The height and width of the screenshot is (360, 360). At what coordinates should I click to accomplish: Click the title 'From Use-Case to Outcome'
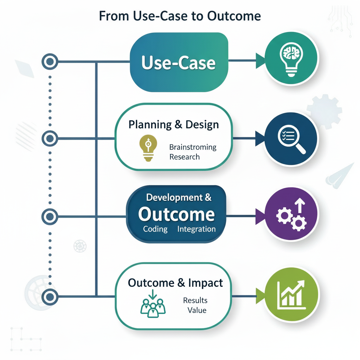(x=180, y=16)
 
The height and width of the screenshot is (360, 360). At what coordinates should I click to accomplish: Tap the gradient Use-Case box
(x=179, y=63)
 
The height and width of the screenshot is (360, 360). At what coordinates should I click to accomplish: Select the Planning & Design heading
(x=174, y=124)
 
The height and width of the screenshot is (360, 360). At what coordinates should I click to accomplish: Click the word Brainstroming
(x=193, y=147)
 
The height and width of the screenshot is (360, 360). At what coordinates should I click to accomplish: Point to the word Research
(x=184, y=157)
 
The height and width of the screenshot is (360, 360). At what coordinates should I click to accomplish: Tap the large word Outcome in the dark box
(x=176, y=214)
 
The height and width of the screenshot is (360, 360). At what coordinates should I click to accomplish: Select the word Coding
(x=155, y=229)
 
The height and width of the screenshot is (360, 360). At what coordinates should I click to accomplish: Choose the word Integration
(x=197, y=229)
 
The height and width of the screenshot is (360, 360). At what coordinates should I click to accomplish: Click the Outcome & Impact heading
(x=175, y=283)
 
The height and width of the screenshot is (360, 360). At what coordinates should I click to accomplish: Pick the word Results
(x=195, y=301)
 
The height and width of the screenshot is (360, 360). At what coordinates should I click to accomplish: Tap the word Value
(x=197, y=310)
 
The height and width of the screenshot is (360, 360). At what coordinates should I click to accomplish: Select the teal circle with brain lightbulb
(x=291, y=58)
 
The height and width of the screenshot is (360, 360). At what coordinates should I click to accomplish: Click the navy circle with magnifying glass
(x=291, y=138)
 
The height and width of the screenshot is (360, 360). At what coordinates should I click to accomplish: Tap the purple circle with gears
(x=291, y=214)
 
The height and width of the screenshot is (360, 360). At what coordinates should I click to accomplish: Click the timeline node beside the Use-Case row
(x=50, y=62)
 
